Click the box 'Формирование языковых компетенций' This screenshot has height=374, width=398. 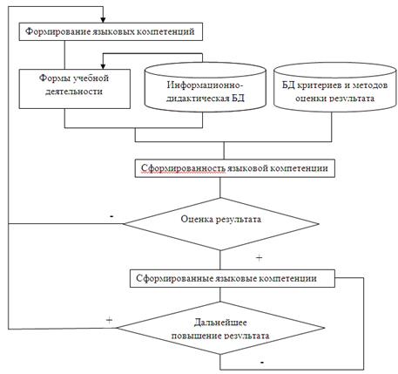(111, 31)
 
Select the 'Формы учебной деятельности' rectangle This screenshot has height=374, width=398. (75, 89)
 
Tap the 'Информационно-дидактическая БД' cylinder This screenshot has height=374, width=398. (206, 86)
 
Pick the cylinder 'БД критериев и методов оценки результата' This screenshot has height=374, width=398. (335, 86)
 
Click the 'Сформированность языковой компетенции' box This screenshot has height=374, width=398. (235, 168)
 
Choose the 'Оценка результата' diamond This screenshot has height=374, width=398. (220, 224)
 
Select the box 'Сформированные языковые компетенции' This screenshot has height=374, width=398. (233, 278)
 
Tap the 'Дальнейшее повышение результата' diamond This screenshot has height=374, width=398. (220, 328)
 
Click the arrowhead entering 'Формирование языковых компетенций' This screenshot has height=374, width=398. (103, 20)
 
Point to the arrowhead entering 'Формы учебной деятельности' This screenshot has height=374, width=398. (103, 66)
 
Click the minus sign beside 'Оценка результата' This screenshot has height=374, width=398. (111, 216)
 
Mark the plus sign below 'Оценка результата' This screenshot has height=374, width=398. (259, 258)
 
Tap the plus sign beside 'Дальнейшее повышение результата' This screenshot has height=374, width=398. (109, 320)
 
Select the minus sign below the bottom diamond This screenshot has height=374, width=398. (262, 363)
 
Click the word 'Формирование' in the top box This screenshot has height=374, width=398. (58, 31)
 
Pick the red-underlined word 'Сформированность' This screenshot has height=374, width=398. (183, 168)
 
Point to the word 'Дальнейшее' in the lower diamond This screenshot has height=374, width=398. (220, 323)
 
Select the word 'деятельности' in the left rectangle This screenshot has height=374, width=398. (74, 92)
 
